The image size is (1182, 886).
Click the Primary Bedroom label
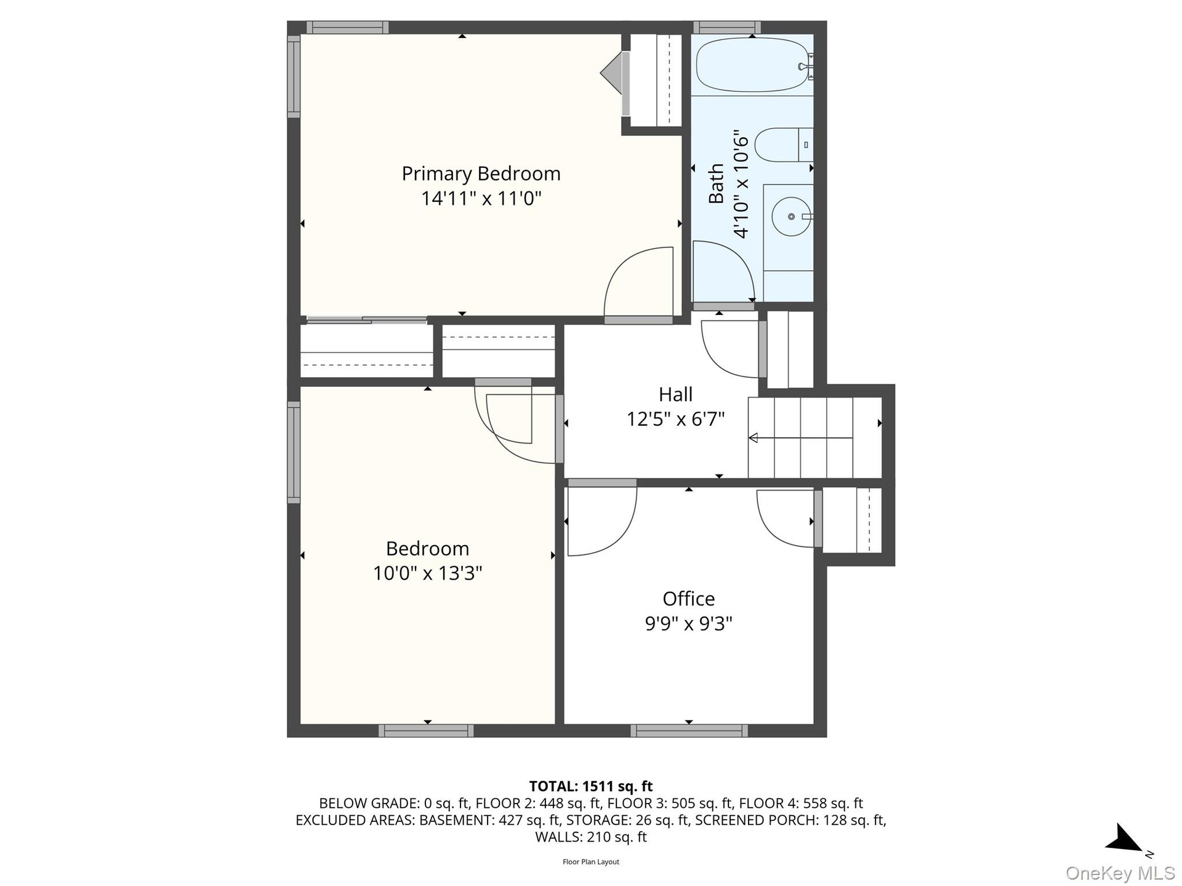(x=481, y=174)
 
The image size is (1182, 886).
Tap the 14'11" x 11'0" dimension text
(x=481, y=199)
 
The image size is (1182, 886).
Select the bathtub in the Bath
(x=752, y=65)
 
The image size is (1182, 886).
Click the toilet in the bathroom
(x=784, y=145)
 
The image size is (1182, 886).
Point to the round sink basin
(x=791, y=217)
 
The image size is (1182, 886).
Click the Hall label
(x=675, y=394)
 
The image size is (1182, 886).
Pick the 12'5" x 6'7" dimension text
(x=675, y=419)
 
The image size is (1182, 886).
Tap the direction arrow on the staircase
(x=800, y=438)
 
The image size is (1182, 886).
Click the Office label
(x=688, y=599)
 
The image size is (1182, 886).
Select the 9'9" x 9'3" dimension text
(x=688, y=623)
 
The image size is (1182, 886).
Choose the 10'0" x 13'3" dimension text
(x=427, y=573)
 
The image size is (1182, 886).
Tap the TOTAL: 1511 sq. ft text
(x=590, y=786)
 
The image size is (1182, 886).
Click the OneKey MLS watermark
(x=1120, y=872)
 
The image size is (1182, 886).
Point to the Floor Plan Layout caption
(x=590, y=862)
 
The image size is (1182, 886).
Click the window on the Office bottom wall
(x=689, y=731)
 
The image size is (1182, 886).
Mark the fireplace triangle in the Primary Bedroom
(x=611, y=73)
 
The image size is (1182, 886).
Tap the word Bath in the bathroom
(x=716, y=183)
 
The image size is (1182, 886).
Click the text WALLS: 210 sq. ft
(x=590, y=837)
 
